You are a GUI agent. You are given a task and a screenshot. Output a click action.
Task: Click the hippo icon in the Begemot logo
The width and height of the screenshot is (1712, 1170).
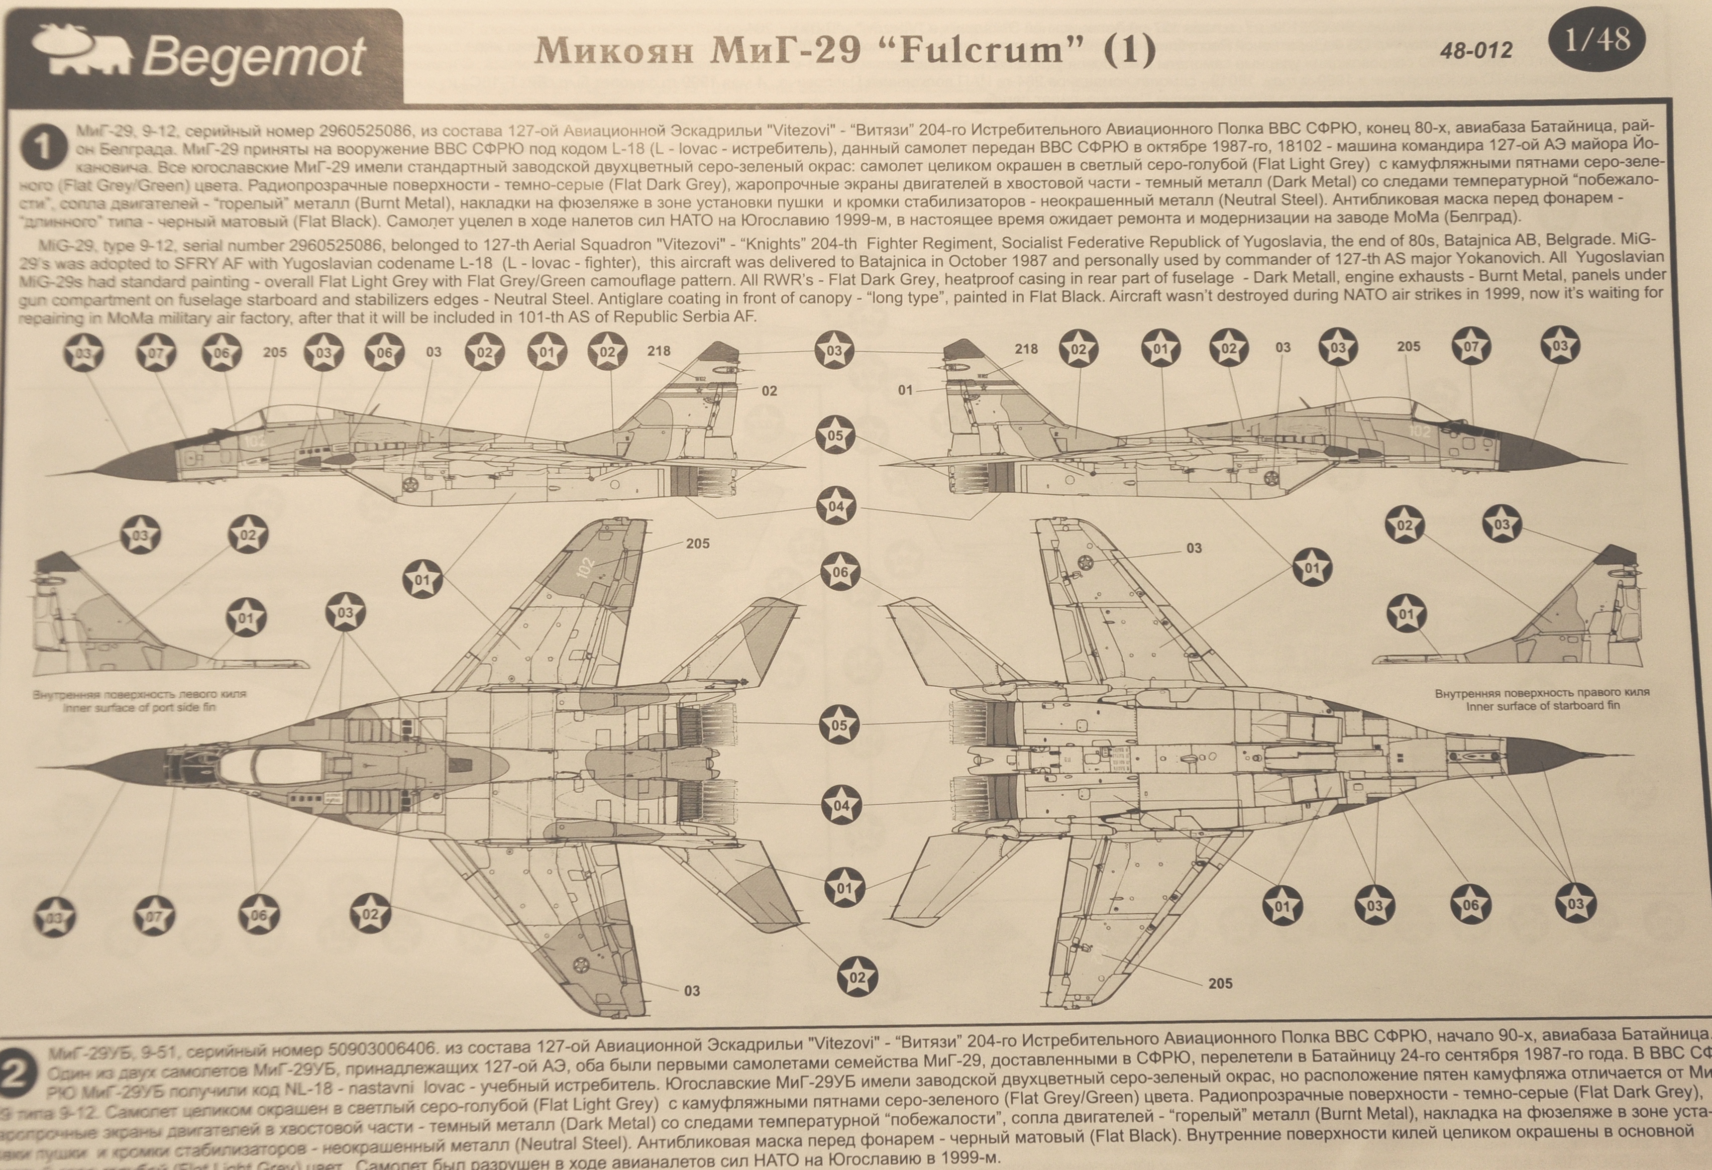coord(81,50)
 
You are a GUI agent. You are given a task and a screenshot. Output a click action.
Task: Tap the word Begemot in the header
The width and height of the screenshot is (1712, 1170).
coord(254,57)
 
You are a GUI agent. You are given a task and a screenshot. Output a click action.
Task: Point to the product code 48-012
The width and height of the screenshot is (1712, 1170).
coord(1475,50)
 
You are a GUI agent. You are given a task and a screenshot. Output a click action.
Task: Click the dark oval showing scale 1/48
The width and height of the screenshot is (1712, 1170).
coord(1596,41)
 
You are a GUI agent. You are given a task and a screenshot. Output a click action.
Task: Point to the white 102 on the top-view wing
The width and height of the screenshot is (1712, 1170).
coord(586,567)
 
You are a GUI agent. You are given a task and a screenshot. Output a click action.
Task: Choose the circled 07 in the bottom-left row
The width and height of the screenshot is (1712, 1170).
coord(154,916)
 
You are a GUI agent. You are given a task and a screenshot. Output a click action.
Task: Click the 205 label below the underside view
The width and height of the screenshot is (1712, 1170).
coord(1220,983)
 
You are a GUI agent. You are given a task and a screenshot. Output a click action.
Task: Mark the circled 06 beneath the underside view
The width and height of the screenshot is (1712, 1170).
coord(1470,905)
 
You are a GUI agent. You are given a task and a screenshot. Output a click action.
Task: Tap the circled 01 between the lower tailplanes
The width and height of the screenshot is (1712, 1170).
coord(844,888)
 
